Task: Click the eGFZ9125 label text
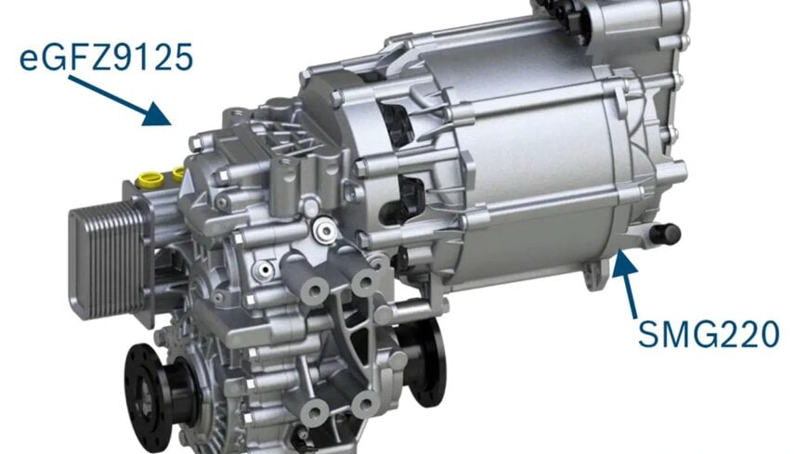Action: [x=106, y=58]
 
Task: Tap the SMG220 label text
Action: [x=709, y=333]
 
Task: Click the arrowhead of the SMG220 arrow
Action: [x=624, y=262]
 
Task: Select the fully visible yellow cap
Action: [x=151, y=180]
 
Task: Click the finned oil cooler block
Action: [x=110, y=259]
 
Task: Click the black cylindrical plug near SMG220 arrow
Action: [x=665, y=235]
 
